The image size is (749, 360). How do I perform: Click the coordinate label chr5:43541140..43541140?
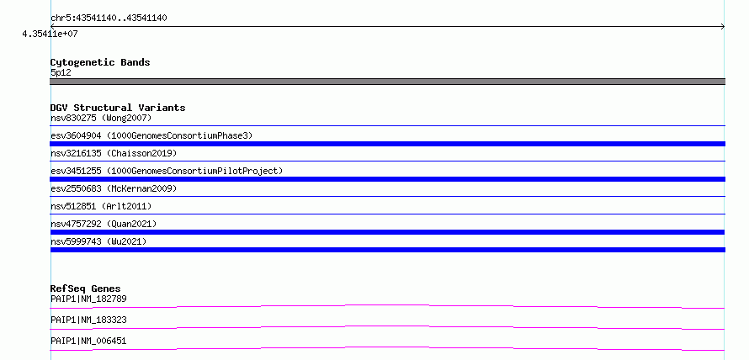(x=109, y=19)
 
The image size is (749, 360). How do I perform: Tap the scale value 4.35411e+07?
(x=50, y=34)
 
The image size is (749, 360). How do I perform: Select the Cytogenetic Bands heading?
(x=100, y=62)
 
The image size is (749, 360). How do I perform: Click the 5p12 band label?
(x=61, y=72)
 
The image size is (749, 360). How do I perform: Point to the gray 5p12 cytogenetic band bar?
(x=387, y=82)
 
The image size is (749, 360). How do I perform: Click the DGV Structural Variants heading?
(x=118, y=108)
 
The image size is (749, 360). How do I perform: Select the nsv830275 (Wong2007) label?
(x=101, y=118)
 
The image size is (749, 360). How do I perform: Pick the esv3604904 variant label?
(x=151, y=135)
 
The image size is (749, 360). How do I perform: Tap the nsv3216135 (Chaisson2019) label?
(x=114, y=153)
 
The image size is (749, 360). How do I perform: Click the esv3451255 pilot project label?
(x=167, y=171)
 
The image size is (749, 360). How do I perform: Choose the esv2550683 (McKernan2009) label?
(x=114, y=188)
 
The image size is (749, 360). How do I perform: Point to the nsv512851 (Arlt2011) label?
(x=101, y=206)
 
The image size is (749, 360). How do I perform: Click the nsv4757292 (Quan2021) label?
(x=104, y=224)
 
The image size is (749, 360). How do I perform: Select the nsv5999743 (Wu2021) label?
(x=98, y=241)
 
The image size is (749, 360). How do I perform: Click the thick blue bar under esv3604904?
(x=387, y=144)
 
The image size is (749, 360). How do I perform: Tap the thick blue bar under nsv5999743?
(x=387, y=250)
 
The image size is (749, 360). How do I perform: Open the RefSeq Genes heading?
(x=86, y=289)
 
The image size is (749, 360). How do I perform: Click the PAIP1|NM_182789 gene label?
(x=88, y=299)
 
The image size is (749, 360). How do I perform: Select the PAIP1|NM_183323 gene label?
(x=88, y=320)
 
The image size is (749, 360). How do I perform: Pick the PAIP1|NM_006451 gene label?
(x=88, y=341)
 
